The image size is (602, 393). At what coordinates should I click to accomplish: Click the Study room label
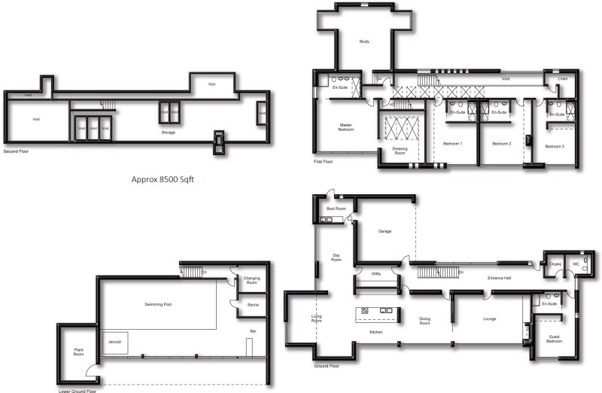364,41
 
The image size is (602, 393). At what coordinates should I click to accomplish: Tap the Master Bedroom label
346,128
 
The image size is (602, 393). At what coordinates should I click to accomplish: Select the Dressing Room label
400,150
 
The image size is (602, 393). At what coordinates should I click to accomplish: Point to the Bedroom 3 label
555,145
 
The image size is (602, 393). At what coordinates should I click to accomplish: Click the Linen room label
562,78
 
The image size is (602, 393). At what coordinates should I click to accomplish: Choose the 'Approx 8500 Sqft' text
168,180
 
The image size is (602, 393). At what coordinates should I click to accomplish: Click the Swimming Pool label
159,304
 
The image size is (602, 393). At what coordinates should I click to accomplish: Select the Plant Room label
78,352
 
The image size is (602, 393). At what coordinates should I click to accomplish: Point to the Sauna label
254,304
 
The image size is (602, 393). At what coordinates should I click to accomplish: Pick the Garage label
385,232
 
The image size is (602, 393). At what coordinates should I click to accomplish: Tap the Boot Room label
336,208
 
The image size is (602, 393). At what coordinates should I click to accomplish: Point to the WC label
577,264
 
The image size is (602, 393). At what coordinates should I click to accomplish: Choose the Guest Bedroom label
553,340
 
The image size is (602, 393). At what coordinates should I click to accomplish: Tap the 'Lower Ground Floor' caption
78,390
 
